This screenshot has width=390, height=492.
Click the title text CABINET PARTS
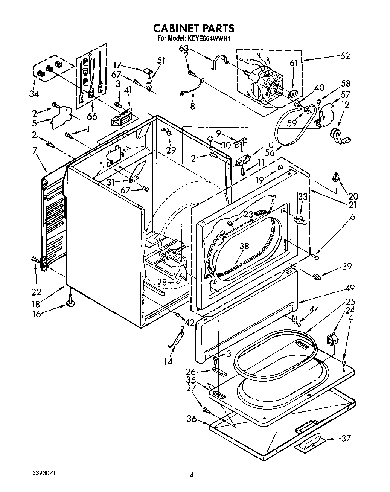[x=193, y=28]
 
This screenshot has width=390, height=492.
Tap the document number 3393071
[x=45, y=472]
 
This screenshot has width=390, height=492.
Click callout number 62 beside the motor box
[x=344, y=56]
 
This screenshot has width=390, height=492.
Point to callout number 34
[x=34, y=93]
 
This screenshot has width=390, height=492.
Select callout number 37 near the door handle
[x=346, y=438]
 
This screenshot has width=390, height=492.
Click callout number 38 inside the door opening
[x=244, y=246]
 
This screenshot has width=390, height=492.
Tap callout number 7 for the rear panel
[x=35, y=151]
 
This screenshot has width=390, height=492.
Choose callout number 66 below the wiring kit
[x=91, y=116]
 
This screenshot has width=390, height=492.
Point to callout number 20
[x=353, y=196]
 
